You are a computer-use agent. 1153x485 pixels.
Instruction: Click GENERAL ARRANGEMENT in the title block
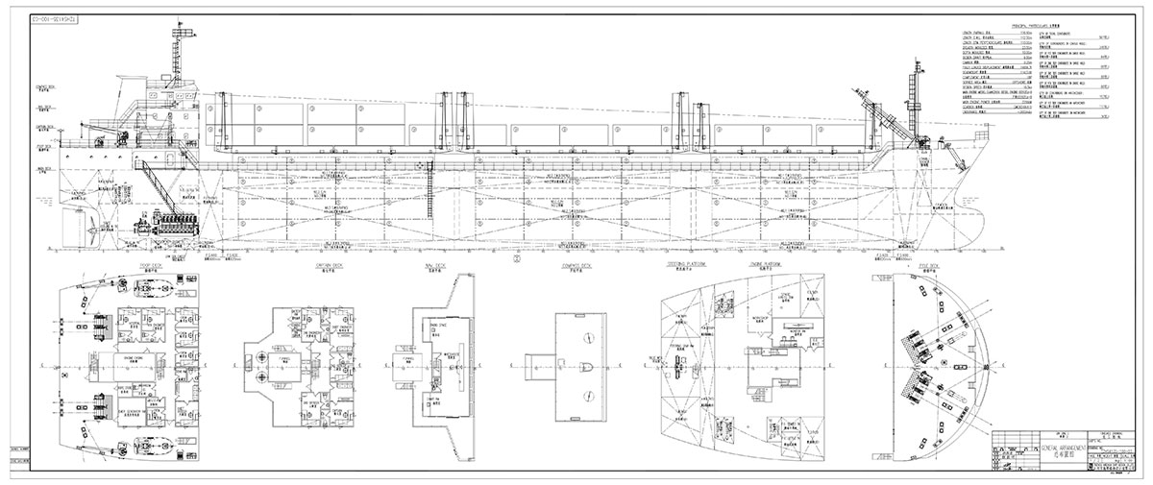pyautogui.click(x=1056, y=449)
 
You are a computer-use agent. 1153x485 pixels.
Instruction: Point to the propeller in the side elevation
pyautogui.click(x=88, y=230)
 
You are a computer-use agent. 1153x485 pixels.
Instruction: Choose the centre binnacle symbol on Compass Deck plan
pyautogui.click(x=583, y=366)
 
